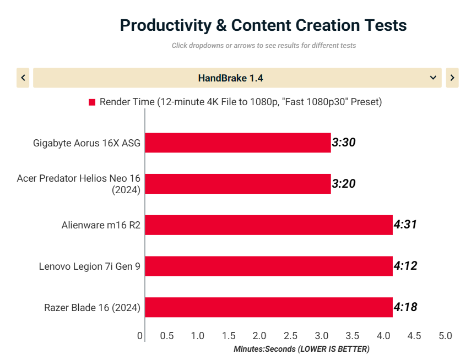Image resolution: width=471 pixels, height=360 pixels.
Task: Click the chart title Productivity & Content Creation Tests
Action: tap(263, 25)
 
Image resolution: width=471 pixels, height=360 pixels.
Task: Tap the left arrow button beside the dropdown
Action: tap(23, 78)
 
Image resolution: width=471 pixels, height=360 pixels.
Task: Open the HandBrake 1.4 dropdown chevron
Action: tap(433, 78)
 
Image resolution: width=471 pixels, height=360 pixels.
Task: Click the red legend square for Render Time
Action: tap(92, 102)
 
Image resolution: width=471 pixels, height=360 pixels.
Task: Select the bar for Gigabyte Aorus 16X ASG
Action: tap(237, 143)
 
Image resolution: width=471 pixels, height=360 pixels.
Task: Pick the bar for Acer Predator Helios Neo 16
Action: tap(237, 184)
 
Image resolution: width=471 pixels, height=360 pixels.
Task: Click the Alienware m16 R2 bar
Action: tap(268, 225)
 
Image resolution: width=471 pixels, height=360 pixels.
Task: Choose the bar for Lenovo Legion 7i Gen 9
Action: tap(268, 266)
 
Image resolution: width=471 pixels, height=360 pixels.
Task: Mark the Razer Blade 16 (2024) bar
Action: tap(268, 307)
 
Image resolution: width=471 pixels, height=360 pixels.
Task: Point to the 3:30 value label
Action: tap(344, 143)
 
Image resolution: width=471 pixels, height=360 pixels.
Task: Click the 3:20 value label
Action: tap(344, 184)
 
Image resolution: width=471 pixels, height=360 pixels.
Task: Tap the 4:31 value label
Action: tap(405, 225)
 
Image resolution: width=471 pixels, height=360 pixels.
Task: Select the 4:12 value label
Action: tap(405, 266)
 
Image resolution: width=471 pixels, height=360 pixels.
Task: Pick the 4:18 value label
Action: tap(405, 307)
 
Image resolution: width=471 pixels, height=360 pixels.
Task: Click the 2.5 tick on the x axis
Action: tap(290, 336)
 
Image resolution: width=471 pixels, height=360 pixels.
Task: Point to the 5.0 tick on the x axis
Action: tap(445, 336)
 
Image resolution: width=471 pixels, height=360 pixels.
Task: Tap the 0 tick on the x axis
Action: tap(140, 336)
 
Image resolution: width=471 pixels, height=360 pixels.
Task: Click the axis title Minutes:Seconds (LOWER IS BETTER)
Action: tap(301, 349)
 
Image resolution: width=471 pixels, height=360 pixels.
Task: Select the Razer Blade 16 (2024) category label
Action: tap(93, 308)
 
